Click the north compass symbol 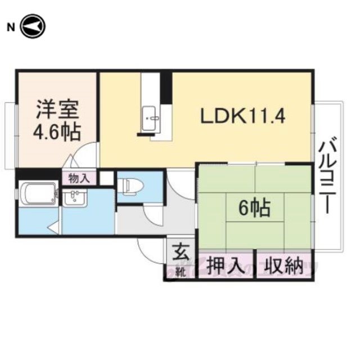33,26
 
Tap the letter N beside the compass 11,28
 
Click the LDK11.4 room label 243,116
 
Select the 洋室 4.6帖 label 57,121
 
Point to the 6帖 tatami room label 255,208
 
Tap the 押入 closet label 225,266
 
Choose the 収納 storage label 283,266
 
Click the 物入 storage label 79,178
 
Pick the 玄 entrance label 181,253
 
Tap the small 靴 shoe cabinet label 181,272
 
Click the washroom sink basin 75,197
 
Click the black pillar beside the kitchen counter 166,88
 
